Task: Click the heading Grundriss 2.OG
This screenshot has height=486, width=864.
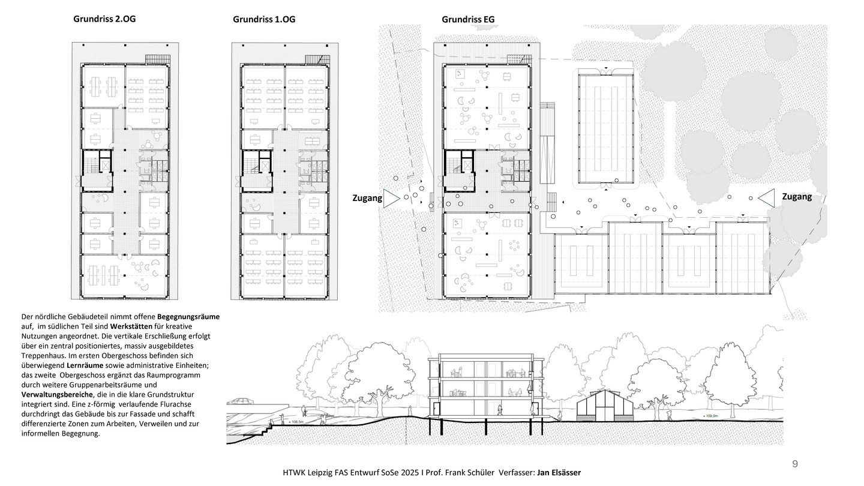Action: [104, 19]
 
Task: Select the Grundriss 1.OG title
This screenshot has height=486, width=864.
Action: [264, 19]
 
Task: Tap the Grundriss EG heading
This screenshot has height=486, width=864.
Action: [468, 19]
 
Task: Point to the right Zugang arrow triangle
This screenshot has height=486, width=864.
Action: [766, 198]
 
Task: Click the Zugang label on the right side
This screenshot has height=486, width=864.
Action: [797, 197]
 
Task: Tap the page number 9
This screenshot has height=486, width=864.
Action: [795, 464]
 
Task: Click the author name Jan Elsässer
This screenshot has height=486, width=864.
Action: [559, 473]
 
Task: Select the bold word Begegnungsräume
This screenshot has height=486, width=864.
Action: [188, 317]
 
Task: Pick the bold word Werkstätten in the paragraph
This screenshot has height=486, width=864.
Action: [131, 326]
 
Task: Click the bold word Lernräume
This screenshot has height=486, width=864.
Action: [85, 365]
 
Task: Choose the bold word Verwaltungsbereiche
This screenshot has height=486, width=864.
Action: [57, 395]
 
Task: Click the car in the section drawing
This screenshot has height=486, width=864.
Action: [241, 401]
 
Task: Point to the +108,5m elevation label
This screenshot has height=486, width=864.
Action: [296, 422]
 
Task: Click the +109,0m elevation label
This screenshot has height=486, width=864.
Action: [710, 416]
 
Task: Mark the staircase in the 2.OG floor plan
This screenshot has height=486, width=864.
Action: [91, 166]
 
